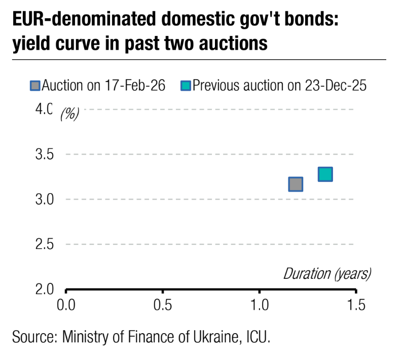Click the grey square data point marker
pyautogui.click(x=296, y=184)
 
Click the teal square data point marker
pyautogui.click(x=325, y=174)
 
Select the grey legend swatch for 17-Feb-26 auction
pyautogui.click(x=34, y=85)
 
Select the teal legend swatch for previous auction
pyautogui.click(x=185, y=85)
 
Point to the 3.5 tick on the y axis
pyautogui.click(x=44, y=154)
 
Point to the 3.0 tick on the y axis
pyautogui.click(x=44, y=199)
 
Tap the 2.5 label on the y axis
pyautogui.click(x=44, y=244)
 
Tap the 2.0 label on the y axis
pyautogui.click(x=44, y=290)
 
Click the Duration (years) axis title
pyautogui.click(x=326, y=274)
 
